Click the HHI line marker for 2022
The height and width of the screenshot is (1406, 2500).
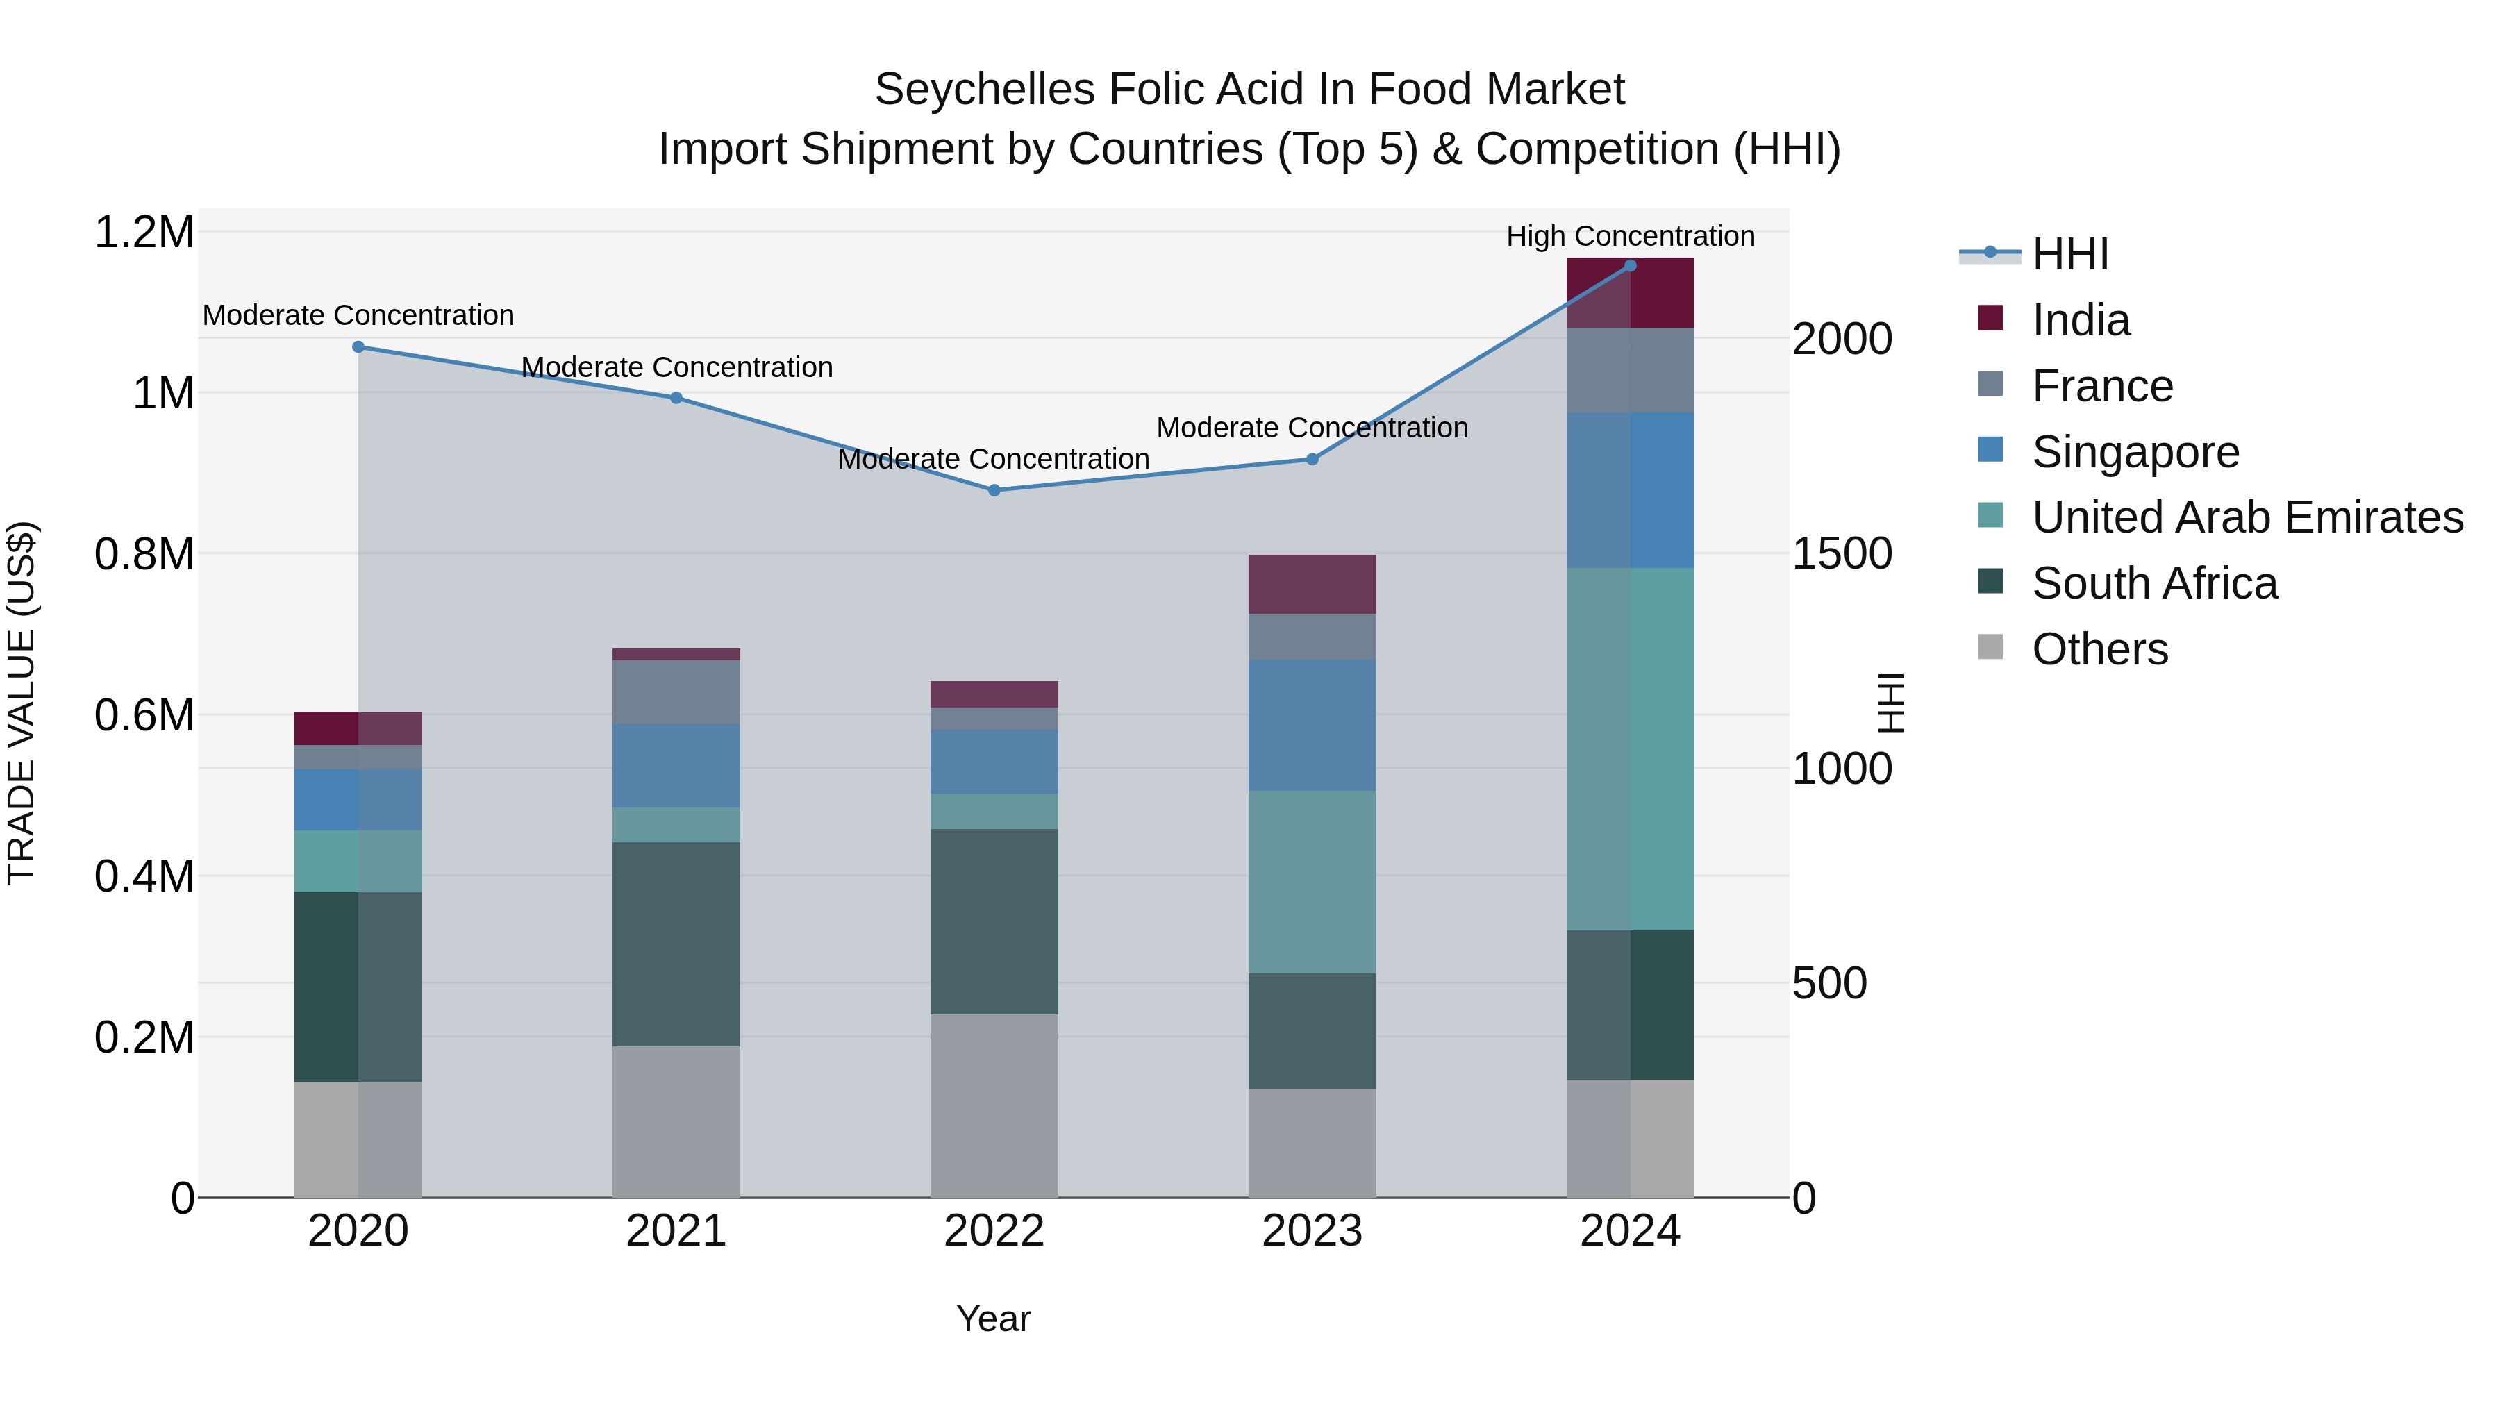pos(994,490)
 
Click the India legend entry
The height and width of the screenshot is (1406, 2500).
pos(2080,320)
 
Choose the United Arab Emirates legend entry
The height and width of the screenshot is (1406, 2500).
pos(2246,517)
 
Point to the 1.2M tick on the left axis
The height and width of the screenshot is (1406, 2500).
pos(144,233)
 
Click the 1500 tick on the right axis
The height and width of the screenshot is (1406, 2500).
pos(1841,554)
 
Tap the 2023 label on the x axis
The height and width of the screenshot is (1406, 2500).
pos(1311,1231)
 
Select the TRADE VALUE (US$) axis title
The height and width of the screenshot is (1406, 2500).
pos(22,703)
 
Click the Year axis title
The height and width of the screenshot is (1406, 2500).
pos(993,1319)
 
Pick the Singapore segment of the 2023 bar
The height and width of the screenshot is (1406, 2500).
pos(1311,725)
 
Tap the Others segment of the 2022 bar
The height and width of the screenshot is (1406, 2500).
pos(994,1105)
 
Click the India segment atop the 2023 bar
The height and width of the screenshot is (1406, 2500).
pos(1311,584)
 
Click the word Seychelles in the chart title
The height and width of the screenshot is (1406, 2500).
pos(984,90)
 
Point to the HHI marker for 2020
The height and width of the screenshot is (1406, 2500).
pos(358,346)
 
